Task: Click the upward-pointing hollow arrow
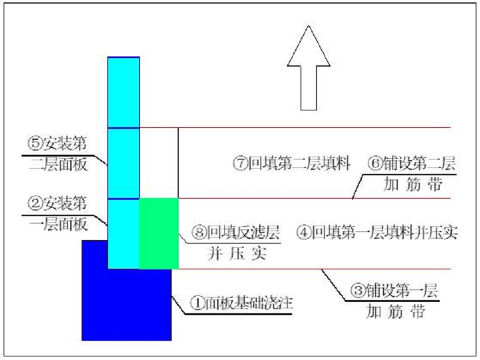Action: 308,68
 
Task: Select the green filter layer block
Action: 159,234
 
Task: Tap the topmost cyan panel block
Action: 124,92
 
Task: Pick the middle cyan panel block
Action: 124,163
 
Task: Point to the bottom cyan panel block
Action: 124,234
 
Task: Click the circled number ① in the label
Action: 197,303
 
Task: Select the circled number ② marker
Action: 35,203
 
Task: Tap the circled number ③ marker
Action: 358,290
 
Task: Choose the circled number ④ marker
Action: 304,232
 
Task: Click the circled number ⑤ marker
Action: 35,143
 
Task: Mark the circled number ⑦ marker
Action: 241,163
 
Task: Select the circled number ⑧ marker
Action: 199,232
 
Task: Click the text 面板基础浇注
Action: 248,303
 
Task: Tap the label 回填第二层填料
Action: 299,163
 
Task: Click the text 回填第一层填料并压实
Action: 385,232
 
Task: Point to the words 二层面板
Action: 58,164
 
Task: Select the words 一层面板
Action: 58,224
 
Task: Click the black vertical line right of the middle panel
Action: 178,163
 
